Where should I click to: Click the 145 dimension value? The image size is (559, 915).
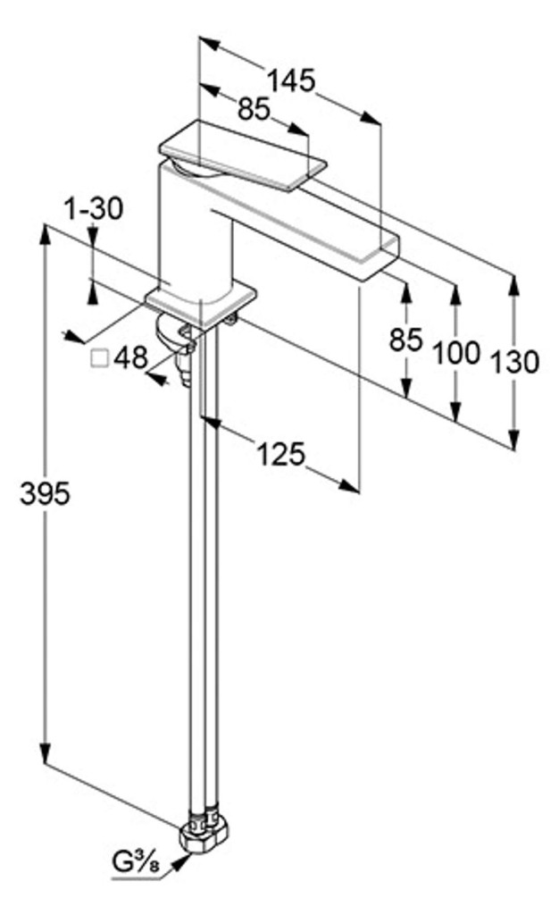(291, 80)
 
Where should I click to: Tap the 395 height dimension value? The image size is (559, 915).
(45, 493)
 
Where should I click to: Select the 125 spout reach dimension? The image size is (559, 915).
(281, 453)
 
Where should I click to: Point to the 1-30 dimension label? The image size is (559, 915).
(93, 209)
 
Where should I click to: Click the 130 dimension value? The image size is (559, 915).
(514, 363)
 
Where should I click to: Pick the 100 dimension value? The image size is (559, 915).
(456, 352)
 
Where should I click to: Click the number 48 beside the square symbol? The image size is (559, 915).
(130, 357)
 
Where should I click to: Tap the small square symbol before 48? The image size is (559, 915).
(100, 357)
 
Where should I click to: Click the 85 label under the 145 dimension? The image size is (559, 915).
(254, 108)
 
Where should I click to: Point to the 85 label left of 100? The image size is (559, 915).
(405, 340)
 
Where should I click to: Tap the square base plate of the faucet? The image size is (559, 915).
(201, 306)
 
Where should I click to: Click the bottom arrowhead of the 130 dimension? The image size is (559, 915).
(513, 441)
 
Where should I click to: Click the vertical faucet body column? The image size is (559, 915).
(195, 233)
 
